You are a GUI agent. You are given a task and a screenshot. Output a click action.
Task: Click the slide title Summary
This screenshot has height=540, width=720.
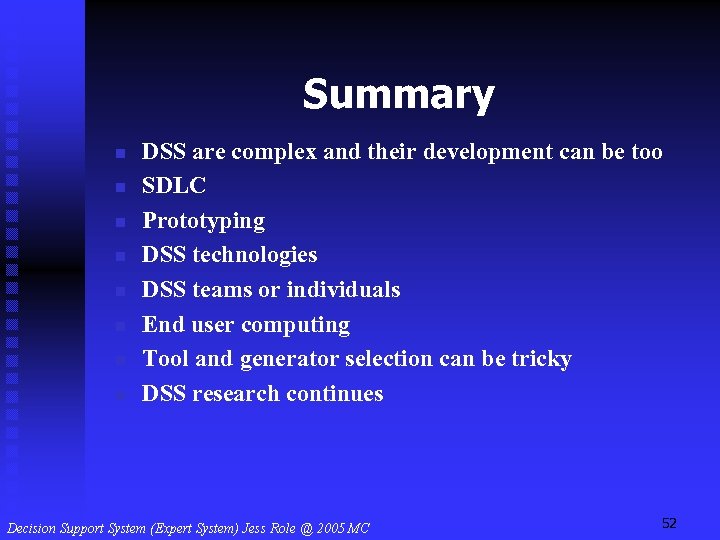coord(398,95)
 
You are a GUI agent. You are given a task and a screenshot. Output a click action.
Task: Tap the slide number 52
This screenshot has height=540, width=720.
coord(669,523)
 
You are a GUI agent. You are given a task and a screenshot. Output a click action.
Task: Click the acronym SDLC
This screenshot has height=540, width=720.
coord(174,186)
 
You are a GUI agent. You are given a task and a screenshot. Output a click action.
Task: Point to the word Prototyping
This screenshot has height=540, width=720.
coord(203,222)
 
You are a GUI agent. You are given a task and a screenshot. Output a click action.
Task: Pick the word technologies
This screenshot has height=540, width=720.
coord(255,256)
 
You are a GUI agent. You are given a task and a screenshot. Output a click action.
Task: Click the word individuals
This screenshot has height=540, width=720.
coord(343,290)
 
